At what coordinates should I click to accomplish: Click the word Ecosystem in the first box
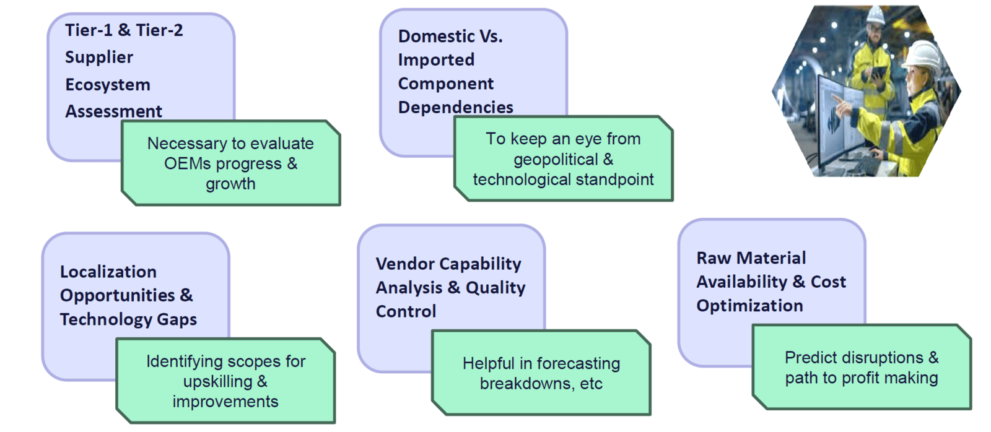click(108, 85)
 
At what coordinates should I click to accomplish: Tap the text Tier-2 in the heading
click(159, 30)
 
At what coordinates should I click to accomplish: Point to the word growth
click(230, 184)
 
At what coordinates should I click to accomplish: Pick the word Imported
click(436, 59)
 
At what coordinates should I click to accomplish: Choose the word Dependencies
click(456, 108)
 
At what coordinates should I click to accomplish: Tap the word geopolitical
click(556, 160)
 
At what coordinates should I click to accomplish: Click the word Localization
click(108, 272)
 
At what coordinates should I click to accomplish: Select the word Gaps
click(177, 320)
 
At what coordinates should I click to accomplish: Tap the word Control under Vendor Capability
click(406, 312)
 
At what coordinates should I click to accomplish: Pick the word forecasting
click(578, 363)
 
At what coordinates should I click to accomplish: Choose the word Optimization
click(749, 306)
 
